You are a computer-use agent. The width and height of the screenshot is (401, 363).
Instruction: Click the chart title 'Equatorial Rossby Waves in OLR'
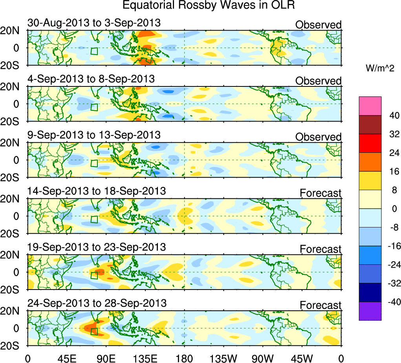[x=208, y=5]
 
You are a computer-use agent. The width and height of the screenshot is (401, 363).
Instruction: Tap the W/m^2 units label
[x=380, y=68]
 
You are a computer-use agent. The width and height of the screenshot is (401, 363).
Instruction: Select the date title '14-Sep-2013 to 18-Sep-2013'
[x=97, y=191]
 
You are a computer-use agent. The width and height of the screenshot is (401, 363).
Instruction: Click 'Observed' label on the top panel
[x=318, y=25]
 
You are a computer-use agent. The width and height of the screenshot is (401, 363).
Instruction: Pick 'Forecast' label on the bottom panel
[x=320, y=305]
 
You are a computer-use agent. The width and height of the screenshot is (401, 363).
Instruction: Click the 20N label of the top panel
[x=13, y=31]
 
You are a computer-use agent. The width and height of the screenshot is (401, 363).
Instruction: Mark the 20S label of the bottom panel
[x=13, y=345]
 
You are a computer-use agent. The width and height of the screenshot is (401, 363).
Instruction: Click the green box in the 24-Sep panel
[x=94, y=332]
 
